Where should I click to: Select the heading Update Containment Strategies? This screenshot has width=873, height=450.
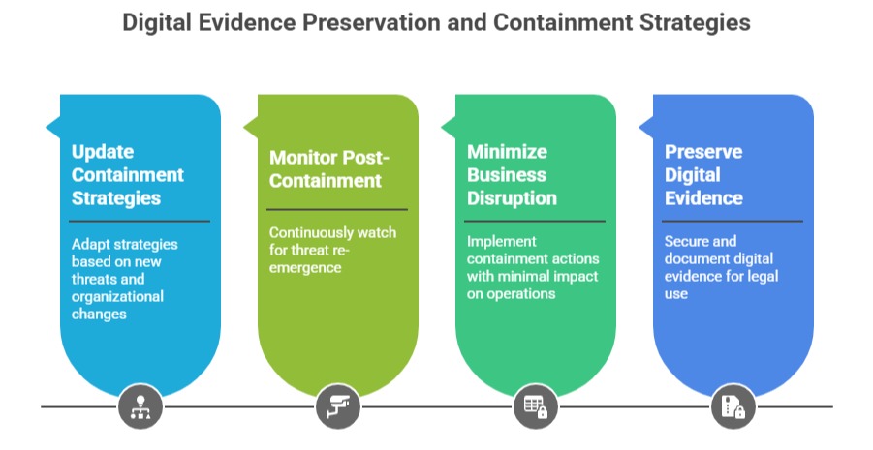click(127, 175)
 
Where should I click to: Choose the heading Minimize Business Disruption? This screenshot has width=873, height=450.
click(512, 175)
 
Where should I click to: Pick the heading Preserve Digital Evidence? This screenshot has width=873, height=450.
click(704, 175)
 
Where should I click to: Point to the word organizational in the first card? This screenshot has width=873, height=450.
click(117, 296)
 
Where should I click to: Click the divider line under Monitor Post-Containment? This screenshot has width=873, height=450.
click(337, 209)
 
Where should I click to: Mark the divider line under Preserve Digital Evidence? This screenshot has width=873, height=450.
click(733, 221)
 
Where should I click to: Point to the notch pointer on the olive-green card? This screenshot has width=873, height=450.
click(250, 127)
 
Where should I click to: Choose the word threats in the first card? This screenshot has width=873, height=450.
click(93, 279)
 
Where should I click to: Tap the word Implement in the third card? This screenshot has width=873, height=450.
click(501, 241)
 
